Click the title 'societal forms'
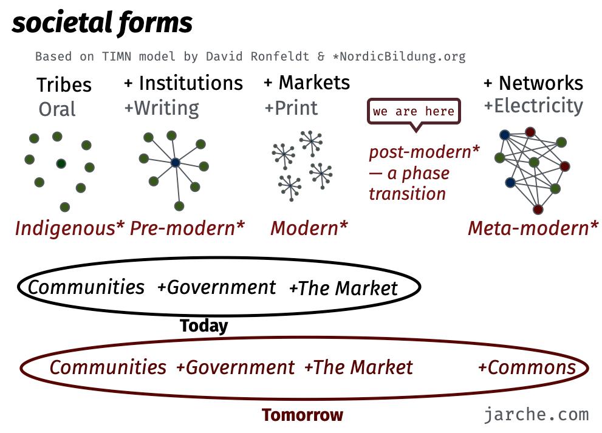click(102, 23)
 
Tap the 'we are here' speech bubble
click(414, 111)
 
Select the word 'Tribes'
click(64, 85)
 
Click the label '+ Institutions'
click(183, 83)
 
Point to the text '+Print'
click(291, 108)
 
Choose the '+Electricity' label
click(533, 106)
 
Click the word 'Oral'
click(57, 109)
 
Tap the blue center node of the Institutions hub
click(176, 163)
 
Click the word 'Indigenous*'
click(70, 228)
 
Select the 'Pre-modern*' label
click(187, 228)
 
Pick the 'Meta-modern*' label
click(533, 228)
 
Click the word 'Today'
click(204, 326)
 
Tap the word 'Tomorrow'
click(303, 415)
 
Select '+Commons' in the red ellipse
click(527, 367)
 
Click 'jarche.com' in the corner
click(536, 415)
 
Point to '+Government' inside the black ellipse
click(216, 287)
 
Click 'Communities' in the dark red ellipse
click(108, 367)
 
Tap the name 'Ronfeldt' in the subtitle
click(280, 56)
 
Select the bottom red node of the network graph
click(538, 209)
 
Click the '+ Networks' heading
click(533, 83)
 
